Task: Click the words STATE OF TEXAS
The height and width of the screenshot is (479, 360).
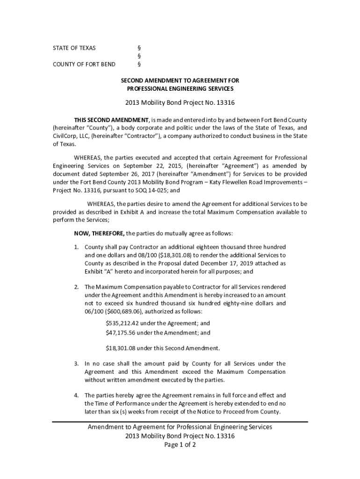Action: (74, 48)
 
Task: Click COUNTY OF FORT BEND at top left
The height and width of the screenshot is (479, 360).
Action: (84, 64)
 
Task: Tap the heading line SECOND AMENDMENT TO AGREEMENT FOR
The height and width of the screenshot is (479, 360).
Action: (180, 80)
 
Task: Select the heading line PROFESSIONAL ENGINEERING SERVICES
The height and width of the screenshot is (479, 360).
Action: (180, 88)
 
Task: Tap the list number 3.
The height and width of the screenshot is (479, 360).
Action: (76, 363)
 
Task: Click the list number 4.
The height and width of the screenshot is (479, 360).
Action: (76, 395)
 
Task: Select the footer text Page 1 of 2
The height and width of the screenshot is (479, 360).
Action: (180, 444)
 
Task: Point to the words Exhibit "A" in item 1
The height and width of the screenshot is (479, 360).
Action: (97, 271)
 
